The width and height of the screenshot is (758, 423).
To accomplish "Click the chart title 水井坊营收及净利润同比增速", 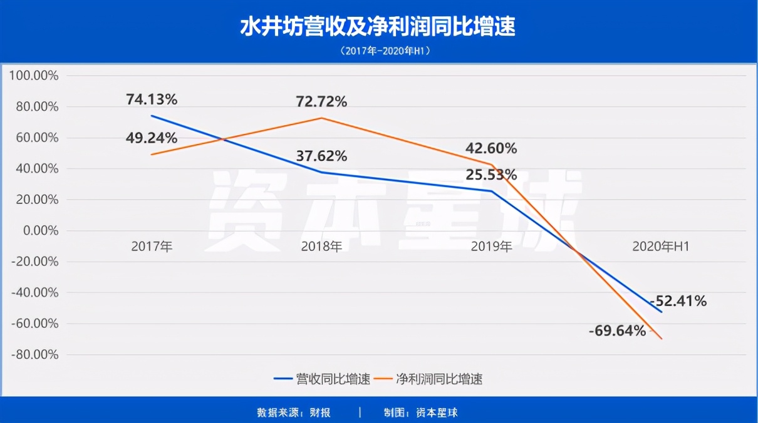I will click(378, 27).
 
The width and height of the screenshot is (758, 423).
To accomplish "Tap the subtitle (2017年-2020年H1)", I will click(378, 51).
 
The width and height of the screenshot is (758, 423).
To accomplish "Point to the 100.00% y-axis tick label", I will click(34, 76).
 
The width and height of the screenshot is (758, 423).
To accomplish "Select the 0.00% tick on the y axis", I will click(41, 231).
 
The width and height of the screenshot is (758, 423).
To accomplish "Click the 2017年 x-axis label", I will click(152, 247).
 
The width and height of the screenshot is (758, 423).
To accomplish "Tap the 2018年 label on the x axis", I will click(321, 247).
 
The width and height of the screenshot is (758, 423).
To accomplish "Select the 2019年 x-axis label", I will click(491, 247).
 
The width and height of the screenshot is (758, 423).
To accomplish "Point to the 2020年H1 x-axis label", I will click(661, 247).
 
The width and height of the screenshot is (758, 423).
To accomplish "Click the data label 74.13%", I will click(152, 99).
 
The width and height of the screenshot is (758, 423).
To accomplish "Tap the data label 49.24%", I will click(152, 138).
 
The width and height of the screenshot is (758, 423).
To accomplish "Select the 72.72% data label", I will click(321, 101).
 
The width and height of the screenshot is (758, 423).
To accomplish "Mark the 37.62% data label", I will click(321, 156).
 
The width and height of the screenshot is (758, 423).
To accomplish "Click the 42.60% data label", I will click(491, 149).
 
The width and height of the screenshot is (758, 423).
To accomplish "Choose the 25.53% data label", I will click(491, 174).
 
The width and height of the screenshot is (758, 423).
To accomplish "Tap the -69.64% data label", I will click(617, 331).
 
